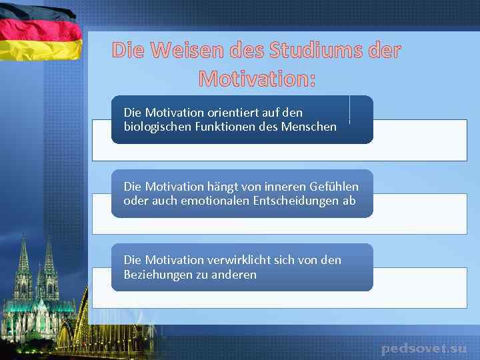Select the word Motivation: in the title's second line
click(x=257, y=79)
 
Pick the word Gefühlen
click(x=334, y=186)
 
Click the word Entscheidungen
click(x=296, y=201)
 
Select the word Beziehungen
click(x=157, y=275)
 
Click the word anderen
click(x=234, y=275)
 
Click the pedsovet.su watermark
click(x=424, y=349)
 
